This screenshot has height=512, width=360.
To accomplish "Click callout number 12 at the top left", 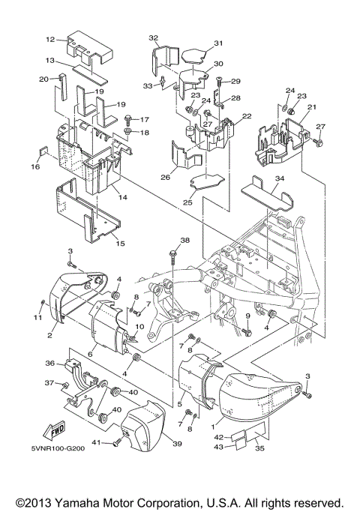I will (x=49, y=39).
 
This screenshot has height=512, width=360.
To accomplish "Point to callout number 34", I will (x=258, y=178).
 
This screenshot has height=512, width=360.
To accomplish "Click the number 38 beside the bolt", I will (x=185, y=241).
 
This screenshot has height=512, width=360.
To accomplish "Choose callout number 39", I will (x=177, y=445).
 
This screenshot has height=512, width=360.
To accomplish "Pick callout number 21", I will (x=310, y=108).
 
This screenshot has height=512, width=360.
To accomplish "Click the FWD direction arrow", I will (x=58, y=433).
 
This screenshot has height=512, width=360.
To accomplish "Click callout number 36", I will (x=50, y=364).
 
